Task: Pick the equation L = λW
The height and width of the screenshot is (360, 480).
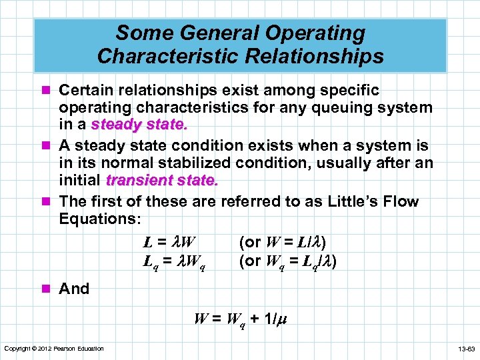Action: click(172, 241)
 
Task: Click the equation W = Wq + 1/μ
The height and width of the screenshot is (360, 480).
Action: click(240, 318)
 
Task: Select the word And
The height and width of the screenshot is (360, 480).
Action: click(74, 289)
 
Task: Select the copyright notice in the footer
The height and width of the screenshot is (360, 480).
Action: click(53, 349)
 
